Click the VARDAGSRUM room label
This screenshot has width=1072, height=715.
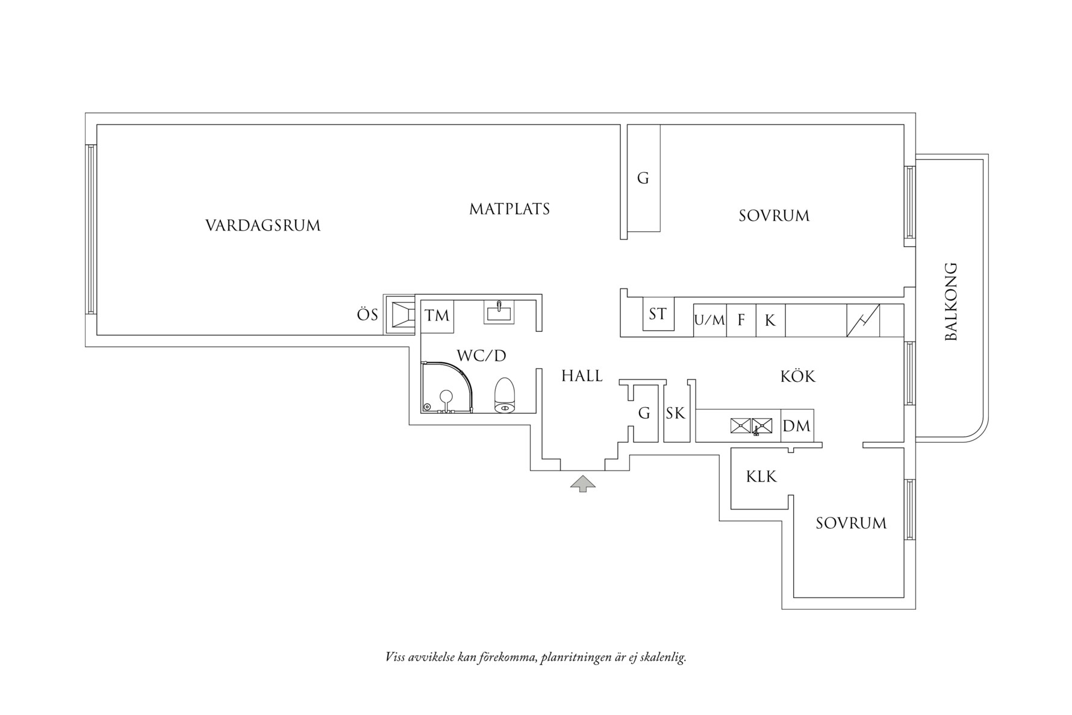tap(263, 226)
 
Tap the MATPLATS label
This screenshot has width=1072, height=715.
tap(510, 210)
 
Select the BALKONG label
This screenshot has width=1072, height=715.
tap(951, 301)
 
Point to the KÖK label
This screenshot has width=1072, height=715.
tap(797, 377)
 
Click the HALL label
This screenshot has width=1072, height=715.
tap(582, 376)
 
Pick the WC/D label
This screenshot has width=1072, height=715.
tap(481, 356)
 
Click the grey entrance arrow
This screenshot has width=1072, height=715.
tap(583, 483)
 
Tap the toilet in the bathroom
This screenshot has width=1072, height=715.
tap(505, 396)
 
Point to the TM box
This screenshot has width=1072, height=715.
tap(437, 316)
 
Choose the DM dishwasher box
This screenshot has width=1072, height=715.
tap(796, 426)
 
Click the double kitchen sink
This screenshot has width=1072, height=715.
tap(751, 426)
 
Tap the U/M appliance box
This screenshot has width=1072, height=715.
tap(709, 320)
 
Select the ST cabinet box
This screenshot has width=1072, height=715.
tap(658, 314)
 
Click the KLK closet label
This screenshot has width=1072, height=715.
tap(761, 477)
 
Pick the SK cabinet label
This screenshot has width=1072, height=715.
tap(676, 414)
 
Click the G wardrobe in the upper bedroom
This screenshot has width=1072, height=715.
tap(643, 178)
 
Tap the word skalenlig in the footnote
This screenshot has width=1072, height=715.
tap(662, 657)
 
